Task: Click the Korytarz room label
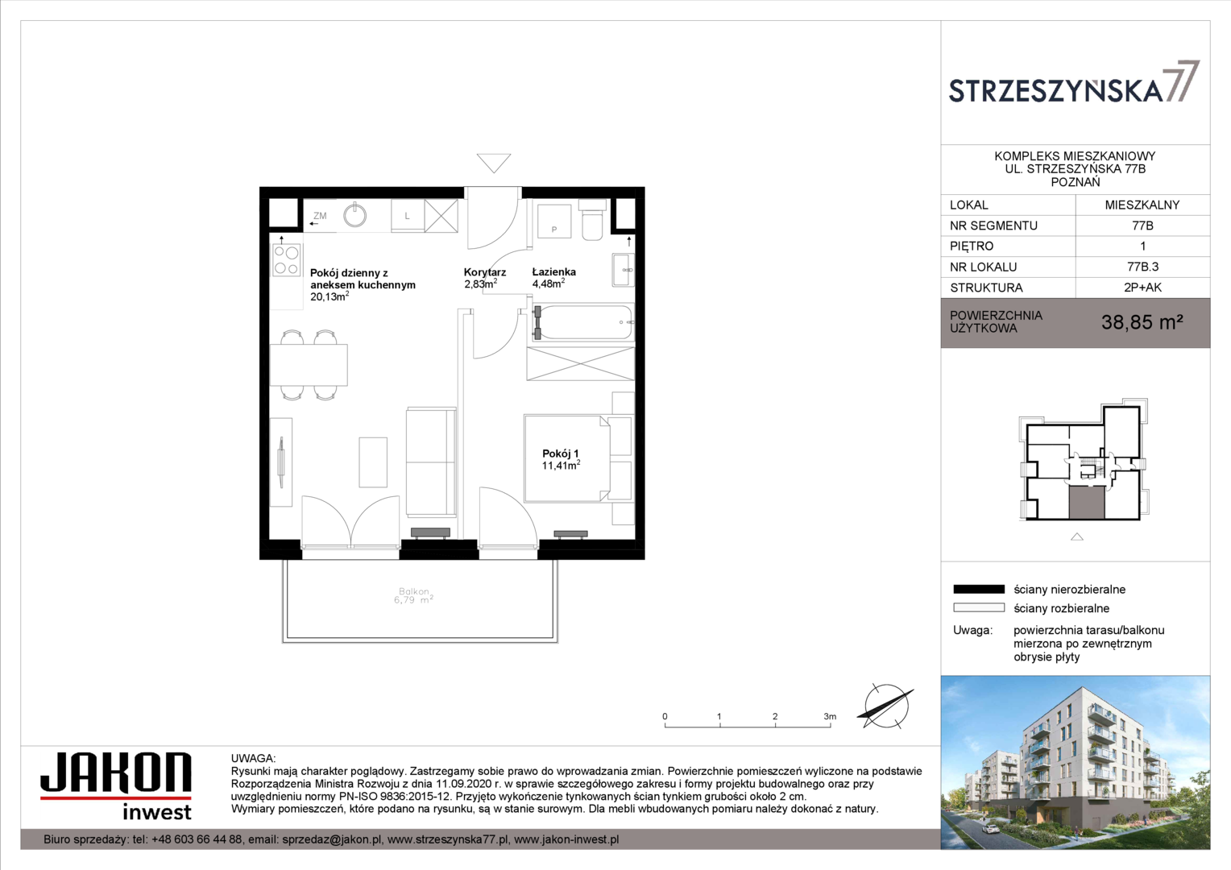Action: [x=485, y=272]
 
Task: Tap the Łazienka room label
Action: [x=554, y=271]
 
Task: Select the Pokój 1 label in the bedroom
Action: [x=561, y=454]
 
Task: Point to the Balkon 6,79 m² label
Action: [x=414, y=596]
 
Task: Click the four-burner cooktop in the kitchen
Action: [x=287, y=260]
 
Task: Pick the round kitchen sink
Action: [x=355, y=215]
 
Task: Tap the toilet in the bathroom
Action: [x=592, y=220]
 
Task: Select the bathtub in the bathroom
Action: [x=582, y=322]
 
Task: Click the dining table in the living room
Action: [x=309, y=365]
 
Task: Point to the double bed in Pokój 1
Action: [x=566, y=458]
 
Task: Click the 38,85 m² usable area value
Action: [x=1142, y=322]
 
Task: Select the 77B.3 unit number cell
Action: [x=1142, y=267]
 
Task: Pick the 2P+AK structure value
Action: [x=1142, y=288]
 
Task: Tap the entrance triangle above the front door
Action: [x=494, y=163]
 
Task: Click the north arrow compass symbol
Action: [x=886, y=706]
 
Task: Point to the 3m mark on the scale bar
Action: [x=830, y=716]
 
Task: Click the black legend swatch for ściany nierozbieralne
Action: [x=979, y=589]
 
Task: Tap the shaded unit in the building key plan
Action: [x=1087, y=503]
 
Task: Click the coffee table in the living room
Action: [x=373, y=462]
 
